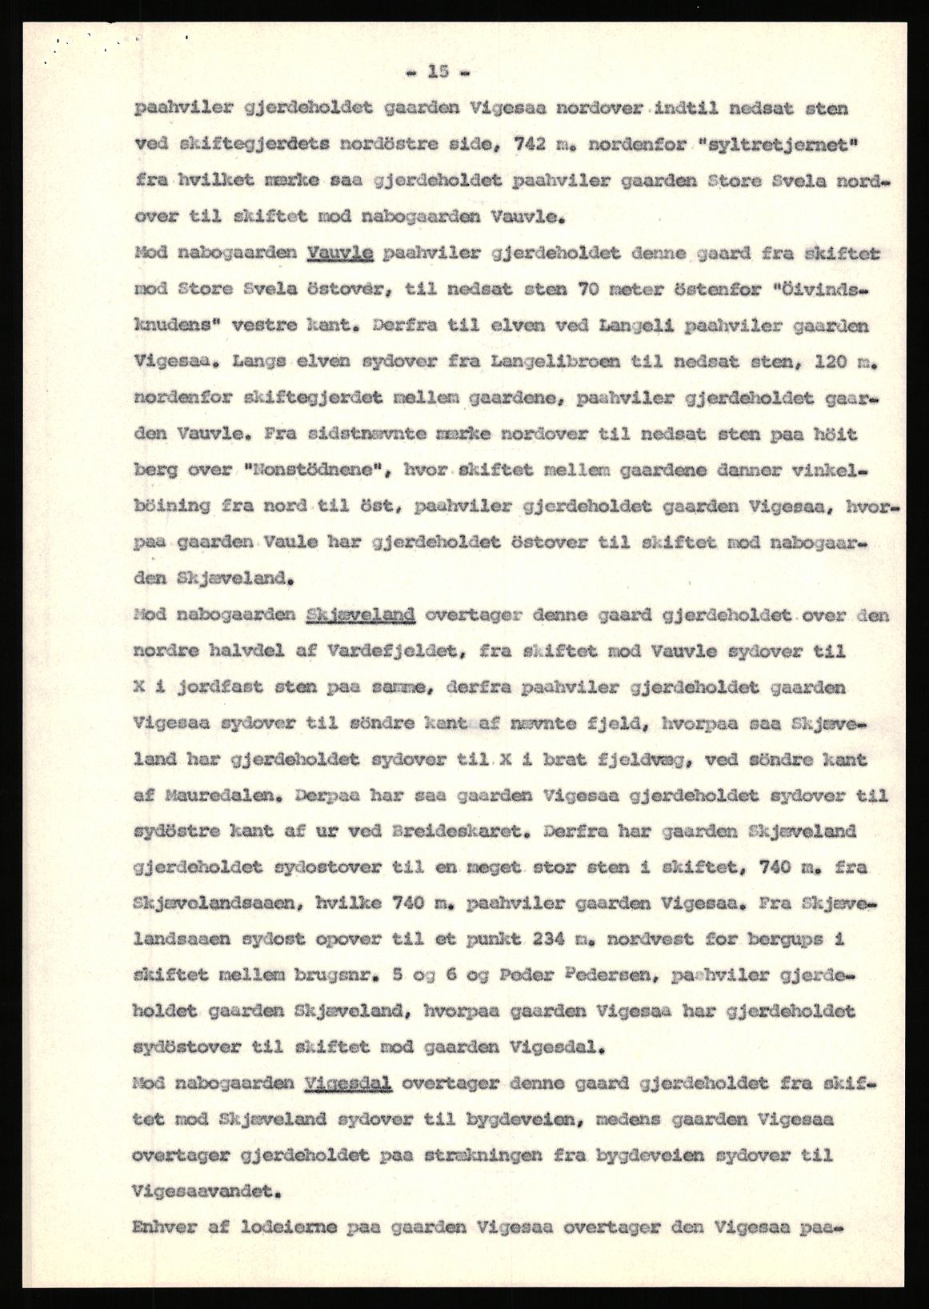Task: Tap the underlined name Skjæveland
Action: coord(360,615)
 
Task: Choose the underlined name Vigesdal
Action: coord(348,1083)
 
